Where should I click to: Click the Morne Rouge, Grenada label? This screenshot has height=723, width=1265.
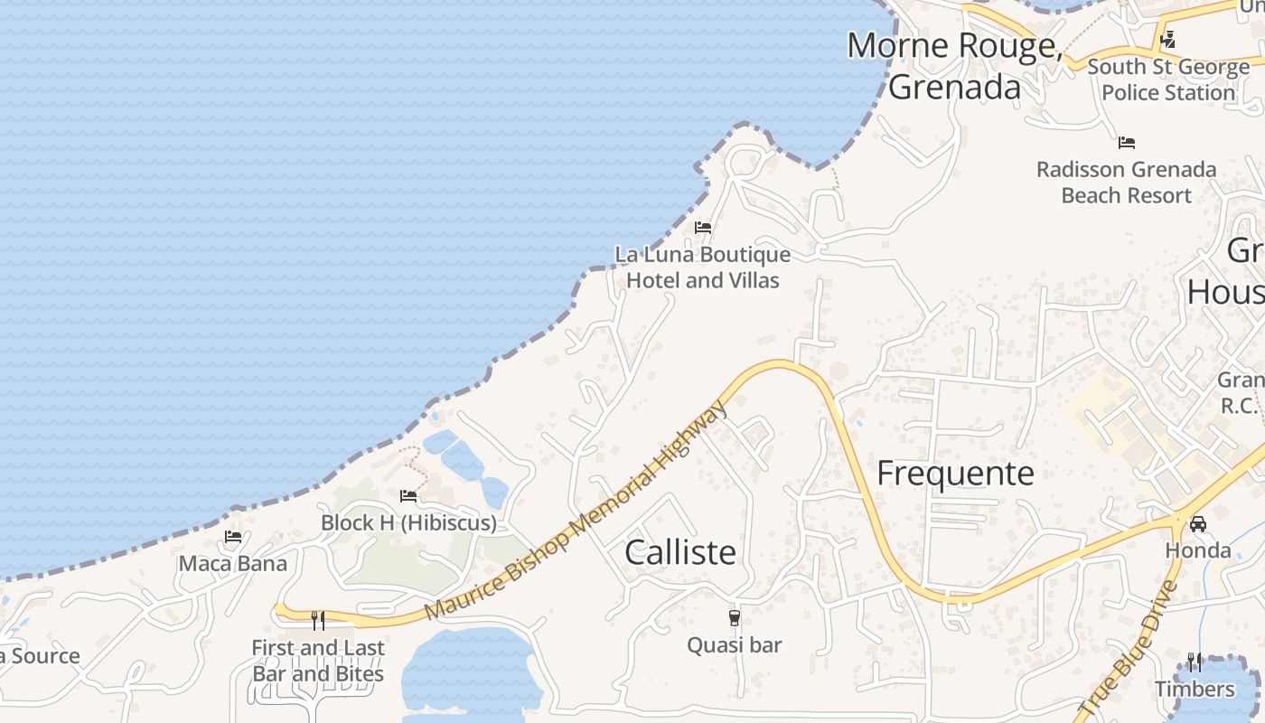pos(954,66)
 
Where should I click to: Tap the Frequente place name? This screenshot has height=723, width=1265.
pos(955,474)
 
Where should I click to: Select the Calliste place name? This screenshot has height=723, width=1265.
pos(680,552)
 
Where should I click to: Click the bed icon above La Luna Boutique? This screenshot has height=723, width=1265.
pos(703,228)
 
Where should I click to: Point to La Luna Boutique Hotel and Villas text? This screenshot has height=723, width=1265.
pos(703,268)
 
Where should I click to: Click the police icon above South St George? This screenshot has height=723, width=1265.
pos(1167,40)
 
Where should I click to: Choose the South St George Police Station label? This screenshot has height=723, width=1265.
pos(1168,80)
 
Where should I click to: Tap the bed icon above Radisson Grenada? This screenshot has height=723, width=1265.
pos(1126,143)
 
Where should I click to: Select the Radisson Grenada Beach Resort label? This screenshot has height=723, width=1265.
pos(1126,183)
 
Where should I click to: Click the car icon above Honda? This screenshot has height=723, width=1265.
pos(1198,524)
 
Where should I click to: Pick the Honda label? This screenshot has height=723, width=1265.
pos(1198,550)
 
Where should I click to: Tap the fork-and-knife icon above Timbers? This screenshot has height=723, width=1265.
pos(1195,662)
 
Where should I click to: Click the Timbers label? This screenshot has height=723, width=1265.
pos(1195,690)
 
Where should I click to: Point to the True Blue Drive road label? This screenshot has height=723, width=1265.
pos(1129,650)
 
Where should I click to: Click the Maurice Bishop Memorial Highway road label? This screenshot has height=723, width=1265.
pos(576,512)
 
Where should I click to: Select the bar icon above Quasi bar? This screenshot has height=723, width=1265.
pos(734,618)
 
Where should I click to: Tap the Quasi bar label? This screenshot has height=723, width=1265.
pos(734,645)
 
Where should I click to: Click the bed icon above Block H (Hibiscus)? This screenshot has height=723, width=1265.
pos(408,496)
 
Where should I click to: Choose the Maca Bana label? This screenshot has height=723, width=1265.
pos(233,564)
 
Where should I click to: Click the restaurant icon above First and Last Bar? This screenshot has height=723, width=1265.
pos(318,620)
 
